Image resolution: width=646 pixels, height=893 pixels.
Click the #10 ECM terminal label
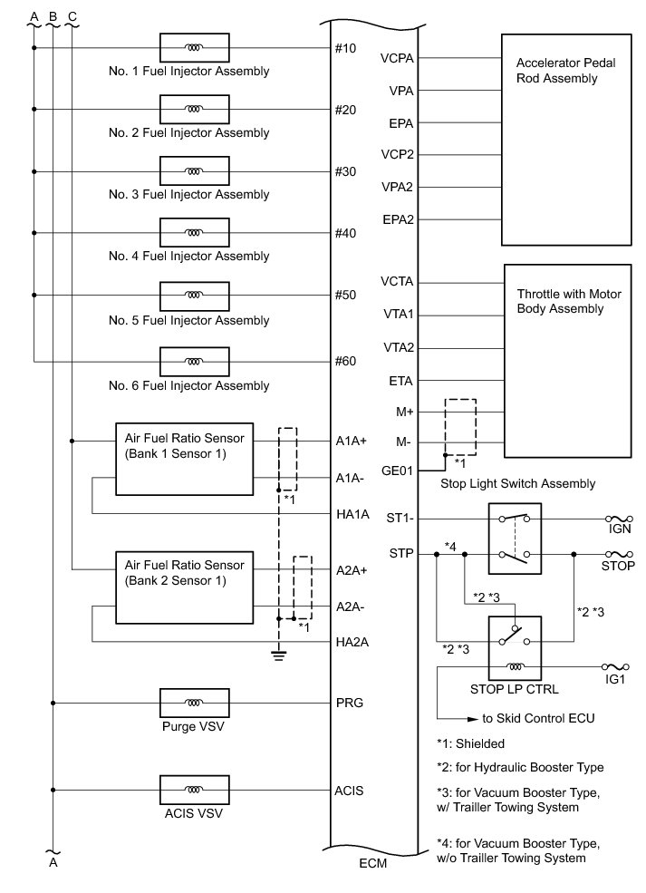point(345,48)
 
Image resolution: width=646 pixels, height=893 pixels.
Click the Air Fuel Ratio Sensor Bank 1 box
point(184,459)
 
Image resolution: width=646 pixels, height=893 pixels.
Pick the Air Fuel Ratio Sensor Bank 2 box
point(184,587)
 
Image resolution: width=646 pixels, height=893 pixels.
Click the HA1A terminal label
point(351,514)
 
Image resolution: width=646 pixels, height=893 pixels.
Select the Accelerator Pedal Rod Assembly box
point(565,140)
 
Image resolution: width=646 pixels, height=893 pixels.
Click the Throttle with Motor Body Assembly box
point(565,361)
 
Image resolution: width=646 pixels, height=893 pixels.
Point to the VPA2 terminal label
point(399,187)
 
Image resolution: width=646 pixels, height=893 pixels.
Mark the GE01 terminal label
point(399,471)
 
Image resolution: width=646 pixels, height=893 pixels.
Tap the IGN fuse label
point(619,529)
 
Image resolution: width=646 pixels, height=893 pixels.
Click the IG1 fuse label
point(619,677)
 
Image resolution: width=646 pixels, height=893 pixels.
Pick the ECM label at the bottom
point(372,864)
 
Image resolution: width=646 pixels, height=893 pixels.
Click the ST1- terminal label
point(400,519)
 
